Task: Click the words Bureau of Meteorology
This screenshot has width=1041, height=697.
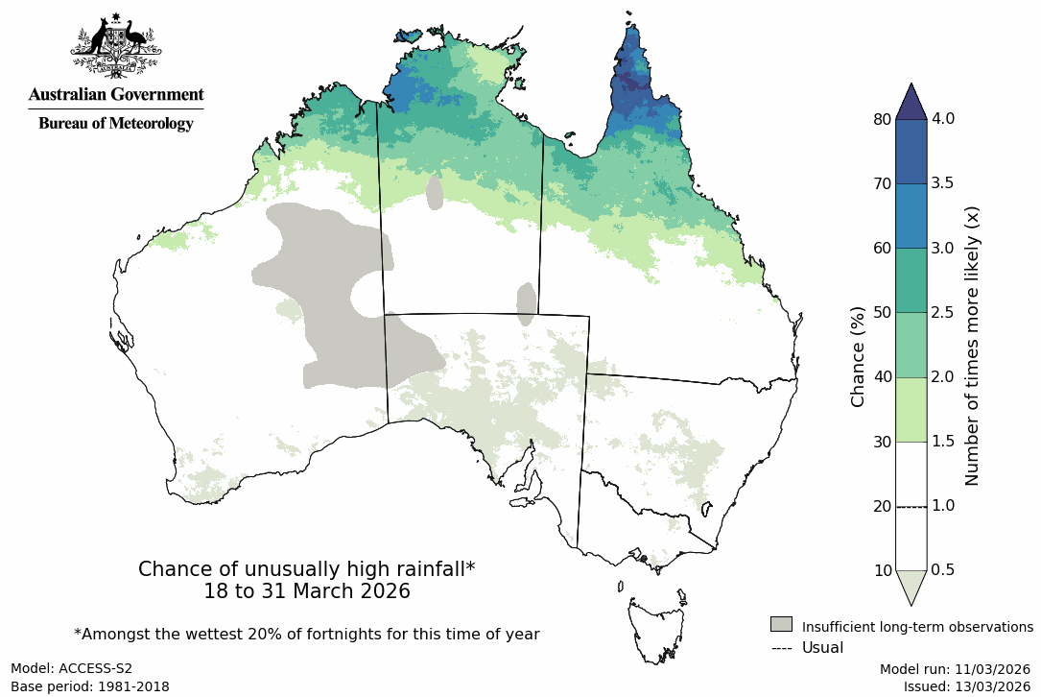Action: pyautogui.click(x=116, y=124)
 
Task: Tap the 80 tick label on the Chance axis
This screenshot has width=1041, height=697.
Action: pyautogui.click(x=882, y=119)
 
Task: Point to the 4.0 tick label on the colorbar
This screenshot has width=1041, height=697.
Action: pyautogui.click(x=944, y=119)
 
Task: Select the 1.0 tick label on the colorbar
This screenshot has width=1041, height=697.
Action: pyautogui.click(x=944, y=506)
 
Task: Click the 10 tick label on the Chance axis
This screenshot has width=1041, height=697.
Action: pyautogui.click(x=882, y=570)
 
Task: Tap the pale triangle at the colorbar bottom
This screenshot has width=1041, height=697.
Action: pyautogui.click(x=911, y=586)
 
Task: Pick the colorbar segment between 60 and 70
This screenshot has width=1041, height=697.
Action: pyautogui.click(x=911, y=216)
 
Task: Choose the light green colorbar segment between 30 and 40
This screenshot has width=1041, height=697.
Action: pyautogui.click(x=911, y=409)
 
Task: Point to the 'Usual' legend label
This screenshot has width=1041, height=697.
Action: pyautogui.click(x=822, y=647)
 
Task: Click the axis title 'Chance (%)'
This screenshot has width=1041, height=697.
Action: pyautogui.click(x=859, y=356)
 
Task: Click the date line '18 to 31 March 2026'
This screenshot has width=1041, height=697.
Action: pyautogui.click(x=307, y=591)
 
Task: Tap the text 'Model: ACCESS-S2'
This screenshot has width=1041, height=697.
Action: pyautogui.click(x=72, y=668)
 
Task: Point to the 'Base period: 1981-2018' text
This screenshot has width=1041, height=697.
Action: pyautogui.click(x=90, y=686)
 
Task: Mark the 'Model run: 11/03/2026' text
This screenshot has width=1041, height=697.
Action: pyautogui.click(x=955, y=668)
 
